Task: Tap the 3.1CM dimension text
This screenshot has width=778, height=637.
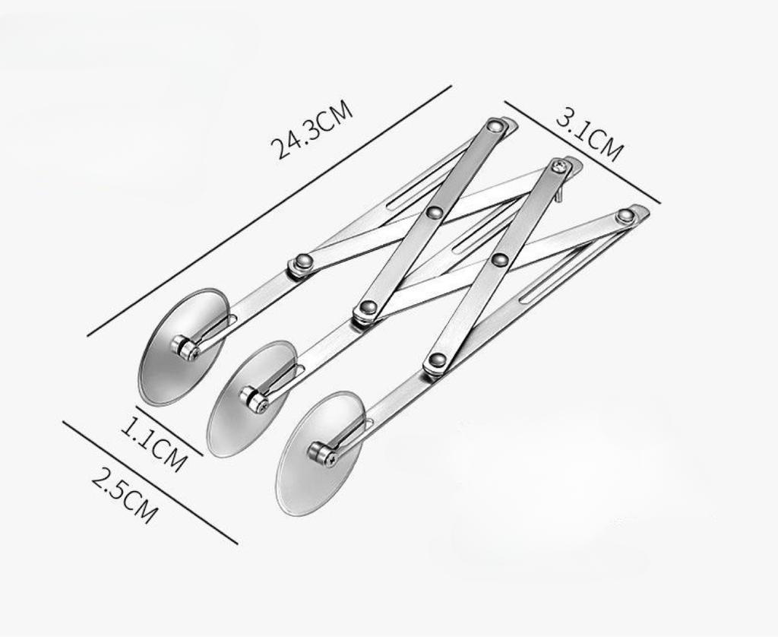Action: [x=589, y=138]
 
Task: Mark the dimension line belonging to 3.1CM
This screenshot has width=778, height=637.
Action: [x=582, y=152]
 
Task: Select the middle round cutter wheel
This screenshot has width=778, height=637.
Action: [x=251, y=398]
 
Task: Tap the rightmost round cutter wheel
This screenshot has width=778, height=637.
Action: [x=320, y=453]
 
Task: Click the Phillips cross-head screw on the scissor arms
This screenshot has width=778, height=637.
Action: [x=560, y=166]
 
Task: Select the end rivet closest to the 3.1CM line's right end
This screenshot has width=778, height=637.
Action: [x=625, y=216]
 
